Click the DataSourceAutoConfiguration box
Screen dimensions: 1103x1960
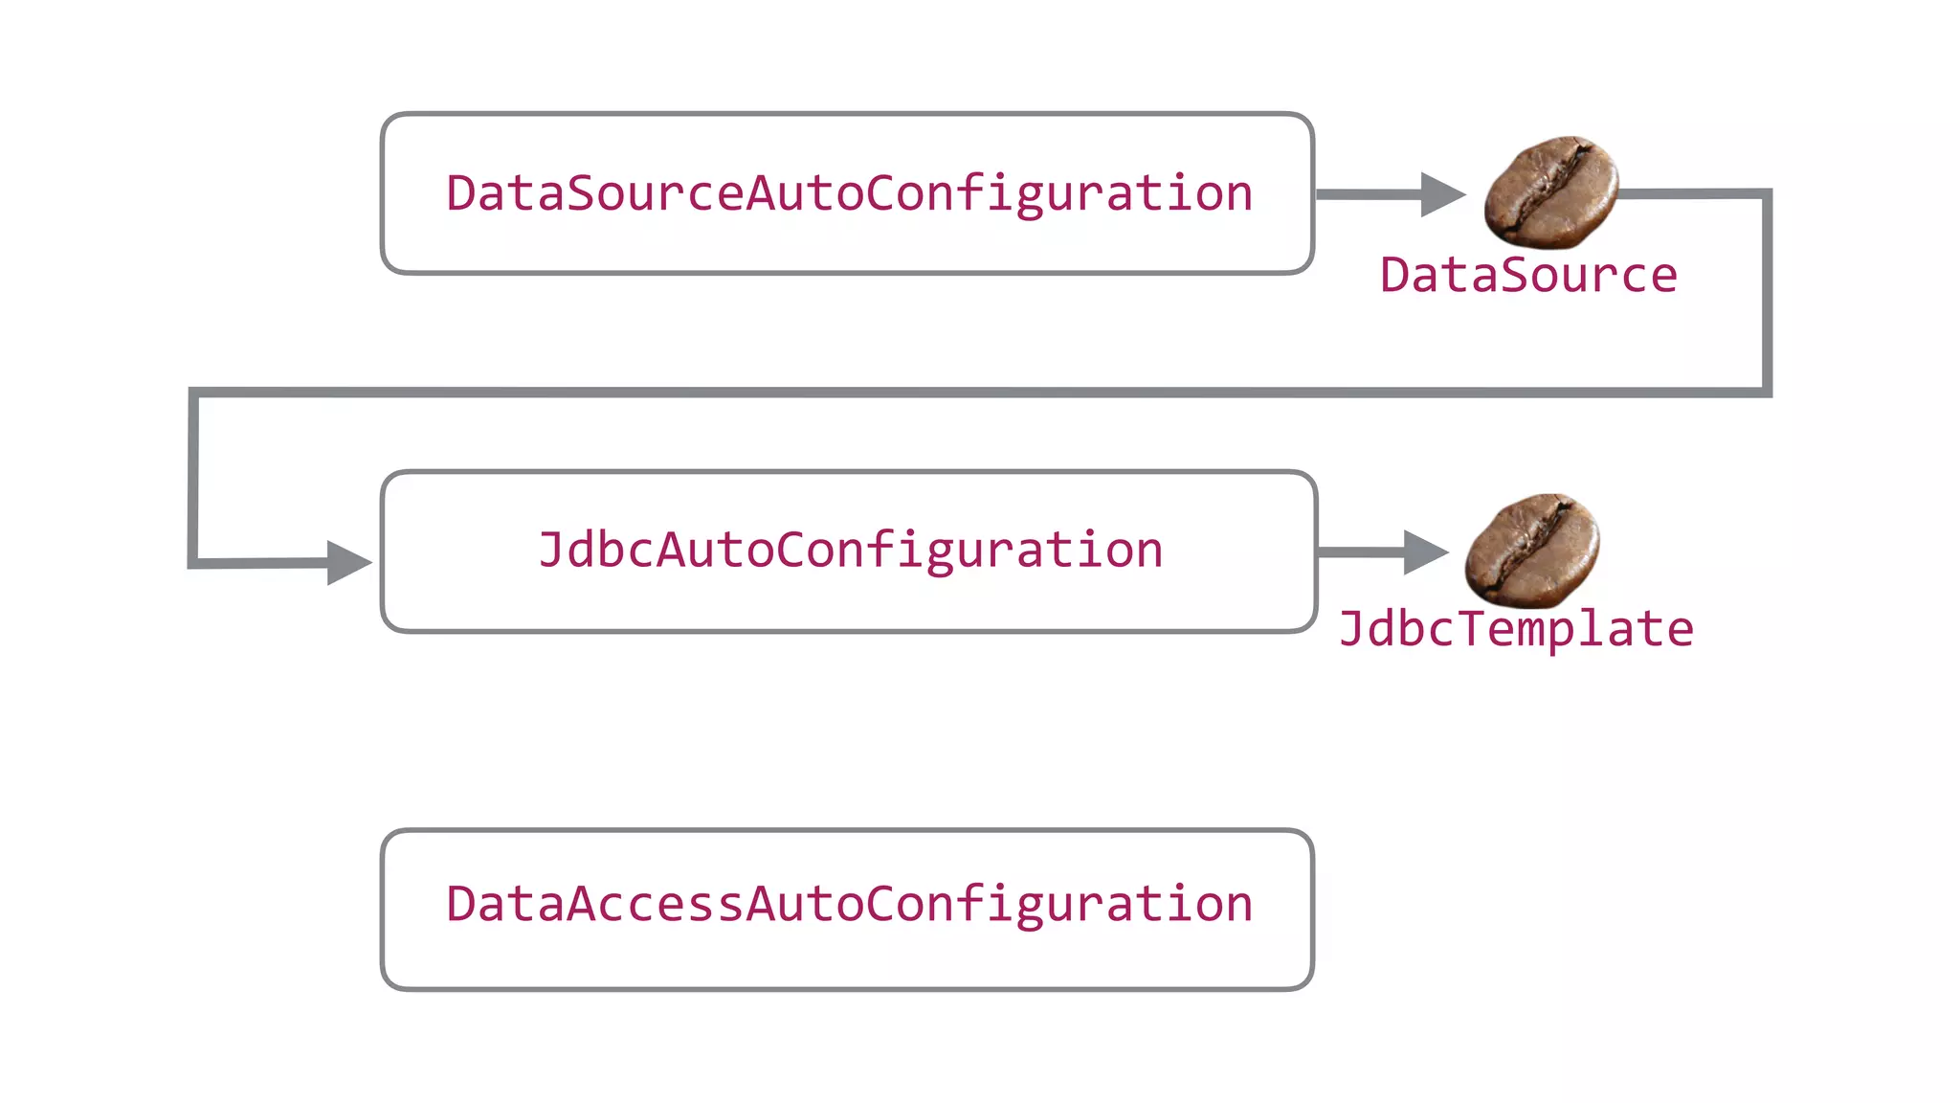(847, 193)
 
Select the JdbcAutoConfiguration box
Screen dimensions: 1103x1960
(849, 551)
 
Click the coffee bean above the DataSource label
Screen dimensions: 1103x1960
(1551, 191)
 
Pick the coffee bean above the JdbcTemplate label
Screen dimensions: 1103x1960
(1532, 551)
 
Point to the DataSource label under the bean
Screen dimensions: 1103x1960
(1528, 276)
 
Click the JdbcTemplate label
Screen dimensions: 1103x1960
(1516, 630)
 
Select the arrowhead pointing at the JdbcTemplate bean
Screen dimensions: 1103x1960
(1425, 552)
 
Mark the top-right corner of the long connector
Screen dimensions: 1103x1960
(1767, 194)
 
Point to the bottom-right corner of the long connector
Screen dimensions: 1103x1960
(1767, 392)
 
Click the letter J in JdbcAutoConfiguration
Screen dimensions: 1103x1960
(552, 551)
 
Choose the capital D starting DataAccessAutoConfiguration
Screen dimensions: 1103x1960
(461, 904)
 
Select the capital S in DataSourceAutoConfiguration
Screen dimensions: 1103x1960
(581, 193)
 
